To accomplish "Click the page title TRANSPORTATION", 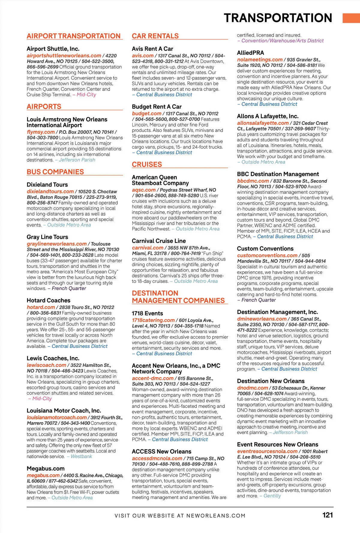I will click(x=278, y=18).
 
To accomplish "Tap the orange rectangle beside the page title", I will click(x=351, y=18).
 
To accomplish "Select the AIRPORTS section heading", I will click(x=44, y=106).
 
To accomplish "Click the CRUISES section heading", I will click(x=147, y=164).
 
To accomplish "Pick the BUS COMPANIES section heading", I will click(x=55, y=172).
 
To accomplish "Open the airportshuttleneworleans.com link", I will click(x=64, y=55).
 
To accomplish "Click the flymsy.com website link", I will click(x=40, y=132).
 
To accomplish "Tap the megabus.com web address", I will click(x=43, y=475).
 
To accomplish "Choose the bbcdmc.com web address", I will click(x=253, y=181).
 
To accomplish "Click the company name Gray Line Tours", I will click(x=47, y=237).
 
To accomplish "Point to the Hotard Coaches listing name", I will click(x=48, y=300).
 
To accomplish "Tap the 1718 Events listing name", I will click(x=147, y=313).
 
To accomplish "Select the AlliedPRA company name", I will click(x=250, y=53).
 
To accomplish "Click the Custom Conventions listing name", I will click(x=265, y=248).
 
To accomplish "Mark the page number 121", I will click(x=328, y=515).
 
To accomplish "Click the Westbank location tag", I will click(x=81, y=457).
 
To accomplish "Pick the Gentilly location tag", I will click(x=272, y=496).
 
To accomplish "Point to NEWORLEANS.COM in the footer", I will click(x=216, y=516).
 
